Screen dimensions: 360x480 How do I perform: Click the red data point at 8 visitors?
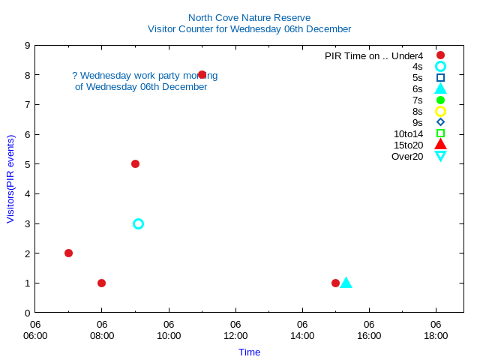tap(202, 75)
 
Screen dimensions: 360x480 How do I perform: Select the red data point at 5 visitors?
tap(135, 163)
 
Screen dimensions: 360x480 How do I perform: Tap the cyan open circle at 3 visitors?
tap(138, 223)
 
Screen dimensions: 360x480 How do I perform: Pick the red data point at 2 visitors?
tap(68, 253)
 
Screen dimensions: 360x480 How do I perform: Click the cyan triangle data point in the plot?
tap(346, 283)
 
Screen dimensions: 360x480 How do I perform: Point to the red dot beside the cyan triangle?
tap(335, 283)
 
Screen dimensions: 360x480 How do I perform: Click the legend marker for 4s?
tap(440, 66)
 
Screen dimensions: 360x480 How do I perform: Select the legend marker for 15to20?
tap(440, 145)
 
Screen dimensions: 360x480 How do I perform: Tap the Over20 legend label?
tap(407, 156)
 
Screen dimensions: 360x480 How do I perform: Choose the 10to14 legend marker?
tap(440, 133)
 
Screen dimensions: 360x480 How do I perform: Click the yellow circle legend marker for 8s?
tap(440, 111)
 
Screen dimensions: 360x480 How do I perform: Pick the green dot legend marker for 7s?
tap(440, 100)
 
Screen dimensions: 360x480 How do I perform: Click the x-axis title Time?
tap(249, 352)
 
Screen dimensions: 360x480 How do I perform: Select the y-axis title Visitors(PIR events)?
tap(10, 179)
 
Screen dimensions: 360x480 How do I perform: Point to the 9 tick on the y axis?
tap(27, 45)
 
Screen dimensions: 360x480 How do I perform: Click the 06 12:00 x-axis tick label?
tap(235, 330)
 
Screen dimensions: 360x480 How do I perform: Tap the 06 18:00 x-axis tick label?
tap(436, 330)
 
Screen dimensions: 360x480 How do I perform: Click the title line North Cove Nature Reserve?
tap(249, 17)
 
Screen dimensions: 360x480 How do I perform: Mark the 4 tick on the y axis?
tap(27, 193)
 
